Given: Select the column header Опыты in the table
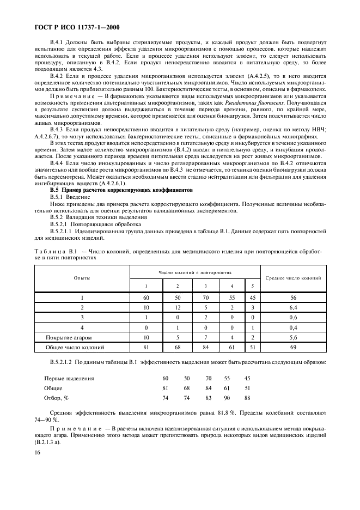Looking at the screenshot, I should tap(82, 278).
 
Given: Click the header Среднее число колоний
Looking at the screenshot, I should tap(293, 278).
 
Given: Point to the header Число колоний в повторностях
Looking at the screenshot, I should tap(196, 271).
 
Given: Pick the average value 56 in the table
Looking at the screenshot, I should tap(293, 297).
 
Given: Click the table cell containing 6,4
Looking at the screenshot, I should tap(293, 307).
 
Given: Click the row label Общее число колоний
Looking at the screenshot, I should tap(82, 347).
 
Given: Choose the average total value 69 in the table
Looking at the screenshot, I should tap(293, 347).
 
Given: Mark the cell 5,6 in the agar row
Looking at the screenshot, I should tap(293, 337).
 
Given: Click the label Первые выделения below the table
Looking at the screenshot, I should tap(69, 378).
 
